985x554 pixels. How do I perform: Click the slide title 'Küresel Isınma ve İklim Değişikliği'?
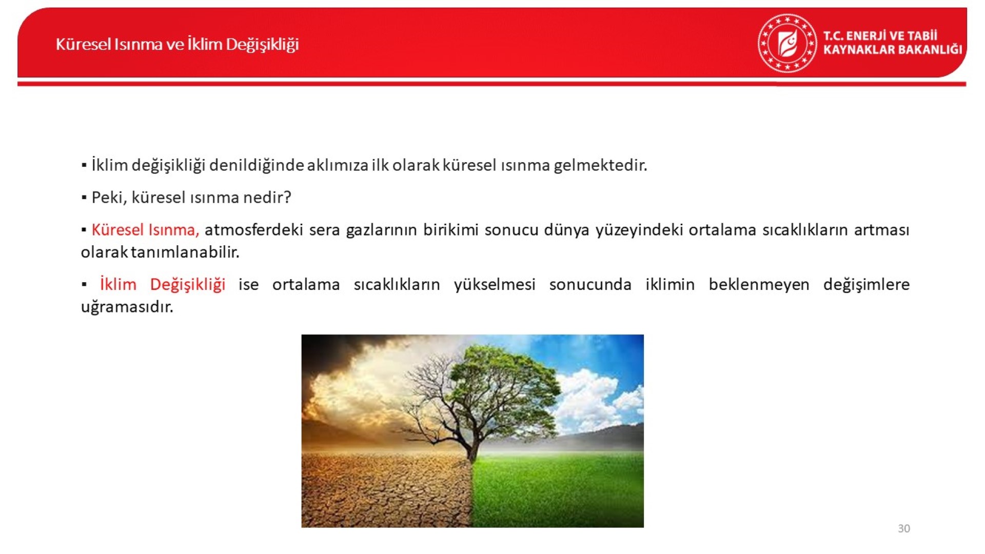(177, 45)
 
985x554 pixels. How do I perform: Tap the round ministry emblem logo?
(787, 43)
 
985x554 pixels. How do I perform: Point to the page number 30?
(904, 528)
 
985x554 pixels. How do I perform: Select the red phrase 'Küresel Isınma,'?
(145, 230)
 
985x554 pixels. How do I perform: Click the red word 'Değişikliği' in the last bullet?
(188, 285)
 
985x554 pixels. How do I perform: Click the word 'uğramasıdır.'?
(127, 307)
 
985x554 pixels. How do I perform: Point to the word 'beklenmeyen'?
(759, 285)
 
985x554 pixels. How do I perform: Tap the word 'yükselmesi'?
(495, 285)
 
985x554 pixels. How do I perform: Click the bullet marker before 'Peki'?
(84, 197)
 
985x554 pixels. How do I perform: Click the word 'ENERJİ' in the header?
(865, 36)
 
